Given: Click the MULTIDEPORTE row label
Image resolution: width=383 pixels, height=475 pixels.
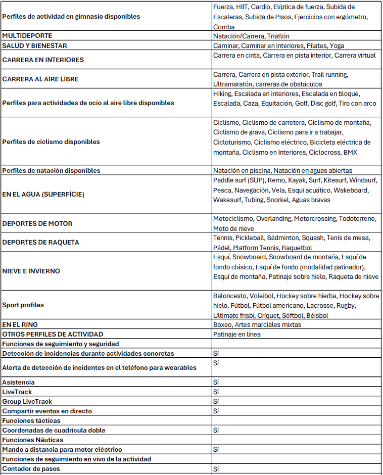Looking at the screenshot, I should click(27, 36).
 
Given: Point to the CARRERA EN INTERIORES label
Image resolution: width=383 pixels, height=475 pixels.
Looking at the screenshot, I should click(43, 60).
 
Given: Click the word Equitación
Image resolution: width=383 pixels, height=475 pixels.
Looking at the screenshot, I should click(277, 103).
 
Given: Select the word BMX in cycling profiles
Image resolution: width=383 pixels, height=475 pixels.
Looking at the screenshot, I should click(351, 152).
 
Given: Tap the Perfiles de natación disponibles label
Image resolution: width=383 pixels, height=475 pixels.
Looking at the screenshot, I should click(51, 171).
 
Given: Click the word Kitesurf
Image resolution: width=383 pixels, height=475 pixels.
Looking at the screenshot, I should click(336, 180).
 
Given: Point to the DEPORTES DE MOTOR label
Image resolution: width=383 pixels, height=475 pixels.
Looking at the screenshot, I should click(37, 223).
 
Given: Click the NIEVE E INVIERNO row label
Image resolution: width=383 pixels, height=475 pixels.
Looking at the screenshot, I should click(31, 271).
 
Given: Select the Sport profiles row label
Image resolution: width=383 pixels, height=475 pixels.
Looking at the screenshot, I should click(23, 305).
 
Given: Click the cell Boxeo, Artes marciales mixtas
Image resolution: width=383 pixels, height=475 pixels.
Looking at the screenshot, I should click(257, 324).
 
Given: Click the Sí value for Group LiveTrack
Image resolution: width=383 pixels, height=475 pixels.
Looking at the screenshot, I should click(216, 401).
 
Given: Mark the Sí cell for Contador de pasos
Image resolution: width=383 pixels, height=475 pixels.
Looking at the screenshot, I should click(216, 469).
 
